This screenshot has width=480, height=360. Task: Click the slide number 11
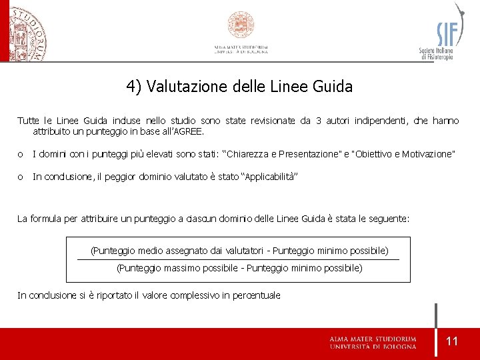tap(452, 341)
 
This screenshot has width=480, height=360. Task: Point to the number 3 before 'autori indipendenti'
tap(319, 121)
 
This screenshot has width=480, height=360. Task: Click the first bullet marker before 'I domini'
tap(21, 155)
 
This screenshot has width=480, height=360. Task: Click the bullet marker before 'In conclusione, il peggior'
tap(21, 177)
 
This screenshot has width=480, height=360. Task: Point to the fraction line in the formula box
tap(239, 259)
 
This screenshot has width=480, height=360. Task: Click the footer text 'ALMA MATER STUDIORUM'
tap(373, 339)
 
